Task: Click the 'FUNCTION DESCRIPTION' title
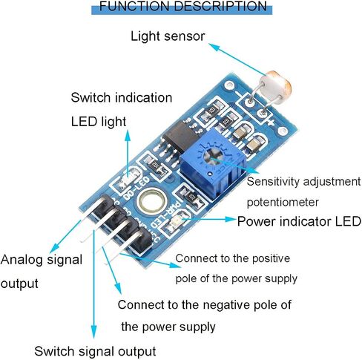[183, 7]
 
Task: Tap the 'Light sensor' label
[168, 36]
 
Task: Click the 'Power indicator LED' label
[299, 221]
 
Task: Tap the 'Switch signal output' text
[95, 351]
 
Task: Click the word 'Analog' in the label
[22, 260]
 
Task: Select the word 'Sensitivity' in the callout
[273, 182]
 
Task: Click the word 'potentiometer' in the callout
[283, 203]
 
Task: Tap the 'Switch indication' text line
[122, 97]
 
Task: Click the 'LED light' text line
[99, 122]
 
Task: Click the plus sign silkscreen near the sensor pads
[271, 122]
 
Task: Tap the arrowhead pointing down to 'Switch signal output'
[93, 332]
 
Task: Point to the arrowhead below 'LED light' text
[128, 136]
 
